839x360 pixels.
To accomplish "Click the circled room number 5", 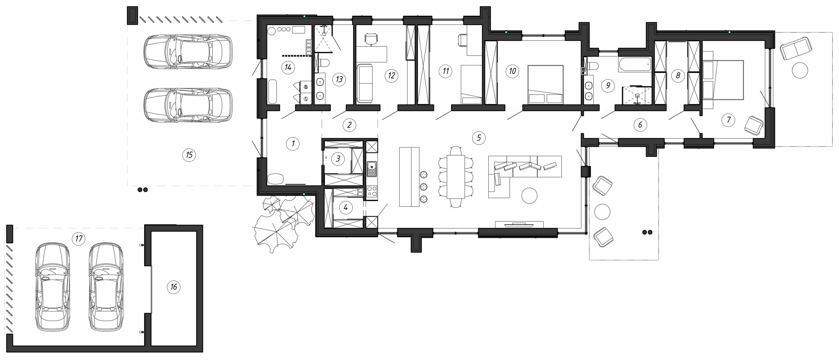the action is (479, 138).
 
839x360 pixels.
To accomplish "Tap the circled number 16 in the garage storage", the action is (174, 287).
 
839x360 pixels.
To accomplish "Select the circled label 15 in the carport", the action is (189, 155).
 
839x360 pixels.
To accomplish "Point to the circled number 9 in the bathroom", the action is (608, 86).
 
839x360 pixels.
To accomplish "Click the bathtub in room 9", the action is (634, 64).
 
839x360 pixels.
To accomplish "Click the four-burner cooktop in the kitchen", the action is (372, 191).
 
